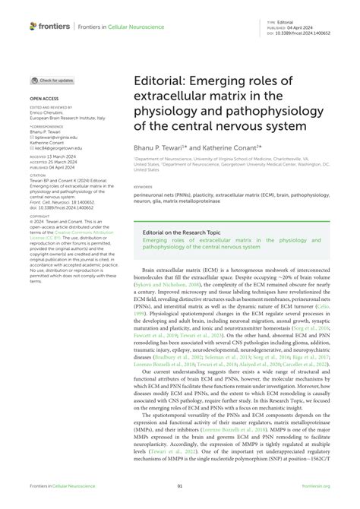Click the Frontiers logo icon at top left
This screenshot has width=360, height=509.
[33, 25]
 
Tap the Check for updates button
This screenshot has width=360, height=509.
[52, 80]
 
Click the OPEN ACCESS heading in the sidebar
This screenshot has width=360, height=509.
[43, 99]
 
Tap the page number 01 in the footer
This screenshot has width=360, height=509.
[180, 487]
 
